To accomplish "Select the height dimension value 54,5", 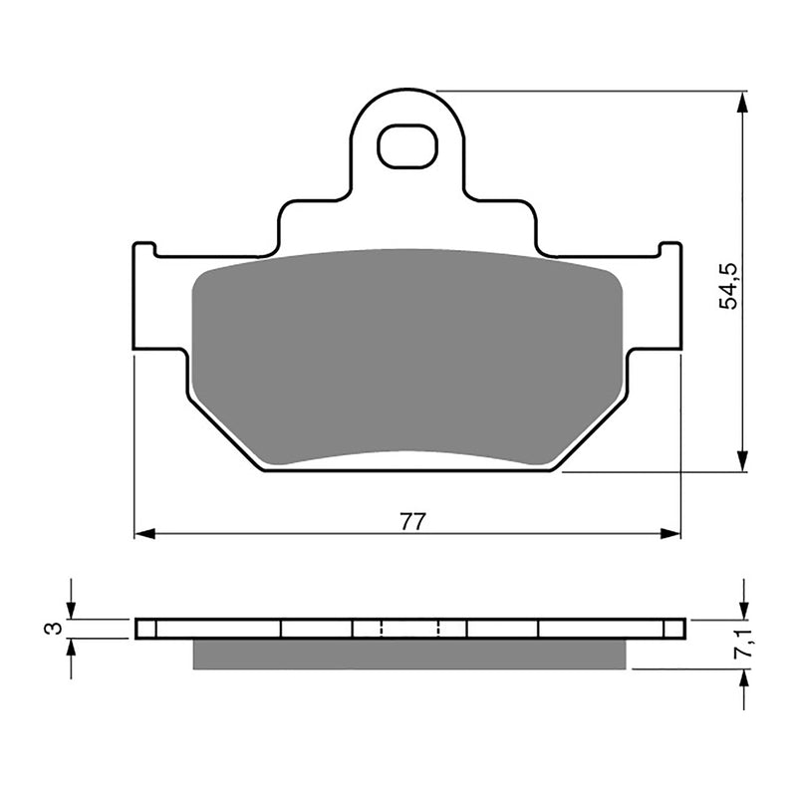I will pos(729,285).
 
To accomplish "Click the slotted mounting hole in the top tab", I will pos(407,146).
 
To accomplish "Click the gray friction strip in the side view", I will pos(408,654).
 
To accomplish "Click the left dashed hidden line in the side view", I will pos(382,628).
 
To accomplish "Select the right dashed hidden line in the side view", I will pos(439,628).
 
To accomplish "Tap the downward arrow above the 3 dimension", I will pos(71,609).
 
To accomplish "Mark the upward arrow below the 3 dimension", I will pos(71,649).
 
